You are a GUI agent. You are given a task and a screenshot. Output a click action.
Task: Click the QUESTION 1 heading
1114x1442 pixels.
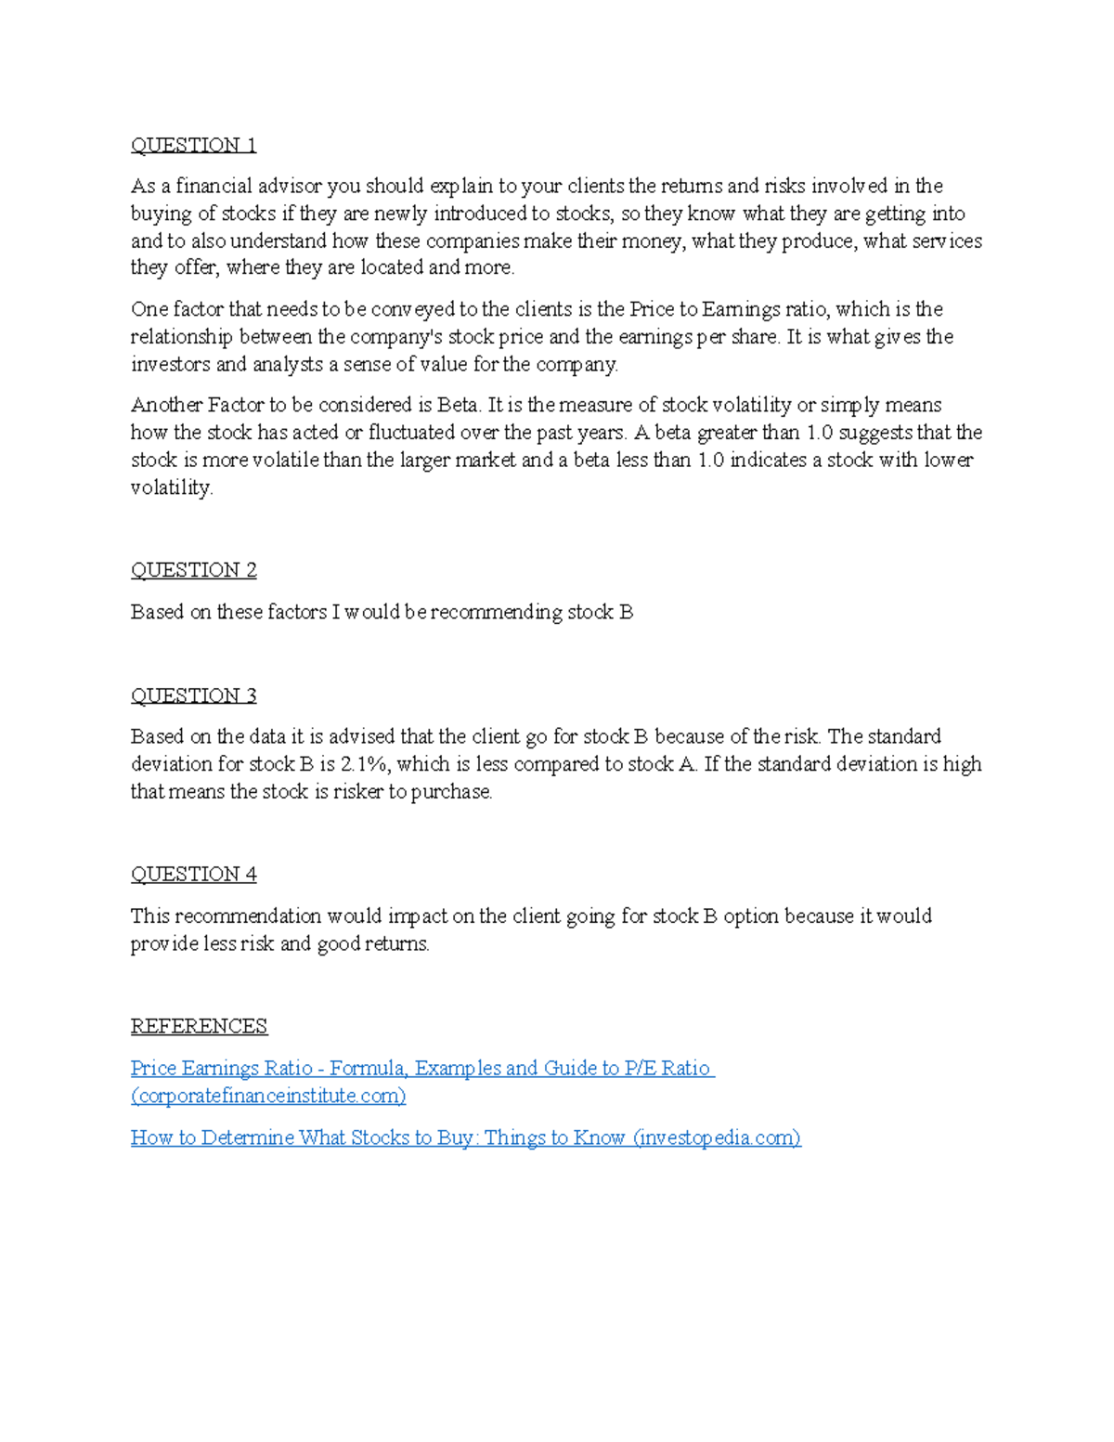click(x=193, y=145)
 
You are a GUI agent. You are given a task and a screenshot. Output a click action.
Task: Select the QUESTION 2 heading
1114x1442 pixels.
click(x=193, y=570)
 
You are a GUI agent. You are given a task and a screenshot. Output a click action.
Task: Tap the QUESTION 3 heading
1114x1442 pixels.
click(x=193, y=695)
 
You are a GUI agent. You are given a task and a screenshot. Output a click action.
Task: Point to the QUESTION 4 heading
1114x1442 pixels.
click(x=193, y=874)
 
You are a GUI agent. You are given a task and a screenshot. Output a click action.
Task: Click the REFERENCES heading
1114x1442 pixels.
click(x=199, y=1026)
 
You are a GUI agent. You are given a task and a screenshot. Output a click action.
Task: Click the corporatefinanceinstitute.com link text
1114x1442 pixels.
click(x=268, y=1096)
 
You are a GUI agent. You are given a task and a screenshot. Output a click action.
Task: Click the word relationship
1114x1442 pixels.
click(x=182, y=336)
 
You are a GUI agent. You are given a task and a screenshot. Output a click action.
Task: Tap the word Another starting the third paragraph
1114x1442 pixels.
click(x=166, y=405)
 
